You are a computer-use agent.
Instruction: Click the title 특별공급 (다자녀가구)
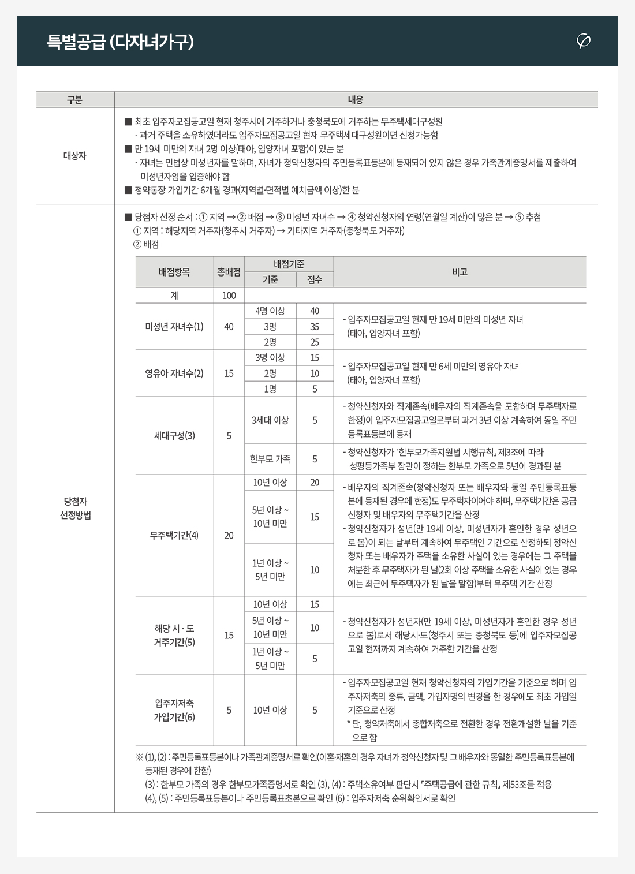pos(120,42)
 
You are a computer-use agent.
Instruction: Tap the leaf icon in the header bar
pos(584,41)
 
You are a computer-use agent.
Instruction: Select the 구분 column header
pos(75,100)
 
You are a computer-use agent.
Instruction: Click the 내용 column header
pos(356,100)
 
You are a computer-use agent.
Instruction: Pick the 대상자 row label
pos(75,155)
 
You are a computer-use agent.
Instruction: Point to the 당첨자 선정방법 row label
pos(75,508)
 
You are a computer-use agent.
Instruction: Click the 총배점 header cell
pos(229,272)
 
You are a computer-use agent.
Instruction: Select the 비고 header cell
pos(460,272)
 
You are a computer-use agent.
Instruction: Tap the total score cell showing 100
pos(229,296)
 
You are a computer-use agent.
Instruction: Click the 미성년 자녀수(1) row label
pos(174,327)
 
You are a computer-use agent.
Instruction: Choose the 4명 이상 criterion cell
pos(270,311)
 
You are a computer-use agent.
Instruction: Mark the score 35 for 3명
pos(315,327)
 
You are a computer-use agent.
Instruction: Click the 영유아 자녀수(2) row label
pos(174,373)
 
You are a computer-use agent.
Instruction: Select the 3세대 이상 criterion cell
pos(270,420)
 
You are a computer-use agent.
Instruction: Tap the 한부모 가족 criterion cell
pos(270,459)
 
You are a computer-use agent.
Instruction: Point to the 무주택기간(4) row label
pos(174,536)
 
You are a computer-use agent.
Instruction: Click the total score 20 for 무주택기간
pos(229,536)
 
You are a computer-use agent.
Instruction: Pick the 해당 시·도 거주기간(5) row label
pos(174,635)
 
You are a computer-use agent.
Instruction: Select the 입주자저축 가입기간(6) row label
pos(174,710)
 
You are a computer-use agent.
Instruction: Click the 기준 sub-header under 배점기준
pos(270,280)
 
